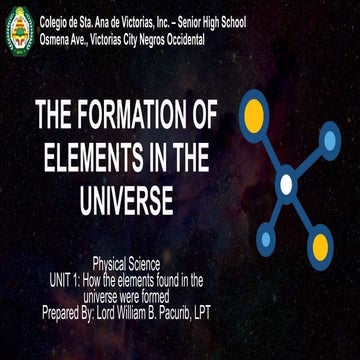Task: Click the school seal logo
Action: pos(19,31)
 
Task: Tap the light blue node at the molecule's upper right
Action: pos(329,141)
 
